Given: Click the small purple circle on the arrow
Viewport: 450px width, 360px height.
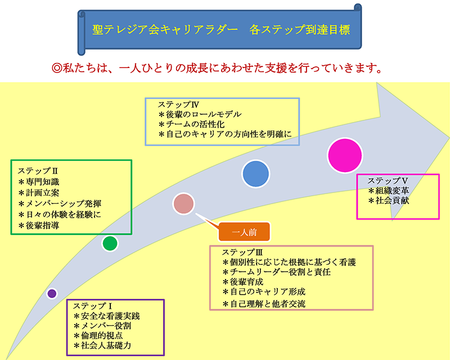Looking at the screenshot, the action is pyautogui.click(x=52, y=293).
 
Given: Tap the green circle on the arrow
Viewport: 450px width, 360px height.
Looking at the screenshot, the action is pyautogui.click(x=110, y=243).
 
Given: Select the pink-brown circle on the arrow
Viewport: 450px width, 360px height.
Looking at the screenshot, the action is pyautogui.click(x=183, y=204).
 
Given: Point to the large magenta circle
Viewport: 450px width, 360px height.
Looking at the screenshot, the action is pyautogui.click(x=345, y=153).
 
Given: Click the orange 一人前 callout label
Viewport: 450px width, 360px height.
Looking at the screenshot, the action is pyautogui.click(x=244, y=231).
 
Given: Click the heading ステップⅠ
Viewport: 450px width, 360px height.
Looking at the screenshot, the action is pyautogui.click(x=93, y=305).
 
